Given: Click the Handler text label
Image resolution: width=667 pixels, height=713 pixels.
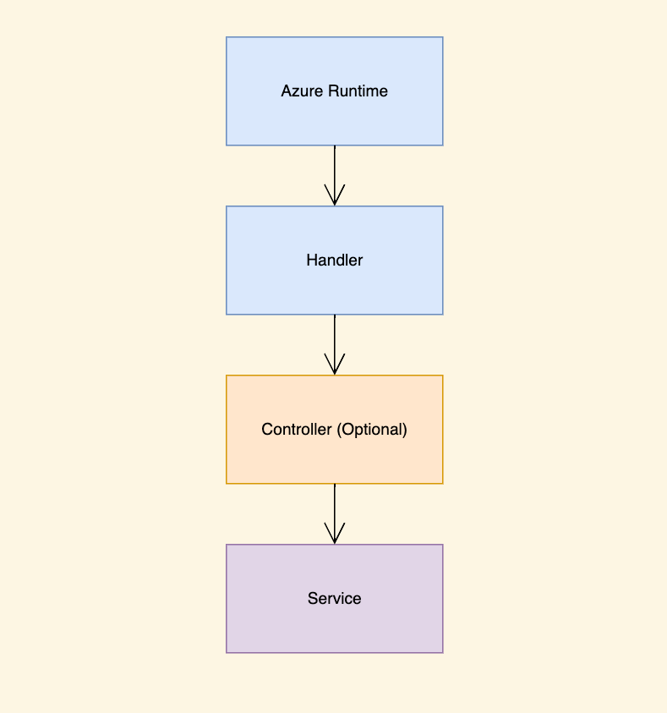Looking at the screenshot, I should [x=334, y=261].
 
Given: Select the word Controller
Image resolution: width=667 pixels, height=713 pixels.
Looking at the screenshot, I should [x=297, y=430].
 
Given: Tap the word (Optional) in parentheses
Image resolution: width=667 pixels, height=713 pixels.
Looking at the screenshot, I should [x=372, y=430].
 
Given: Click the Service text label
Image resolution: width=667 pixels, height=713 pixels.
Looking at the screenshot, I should [x=334, y=599].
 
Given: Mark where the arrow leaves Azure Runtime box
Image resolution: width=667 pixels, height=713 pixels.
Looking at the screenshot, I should [x=335, y=147].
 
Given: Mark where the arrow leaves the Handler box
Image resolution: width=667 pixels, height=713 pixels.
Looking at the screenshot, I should [x=335, y=316].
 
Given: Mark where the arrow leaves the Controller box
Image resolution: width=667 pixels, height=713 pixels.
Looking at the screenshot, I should [x=335, y=485].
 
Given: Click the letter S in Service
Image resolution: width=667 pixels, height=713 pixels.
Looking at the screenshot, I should [x=312, y=599].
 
